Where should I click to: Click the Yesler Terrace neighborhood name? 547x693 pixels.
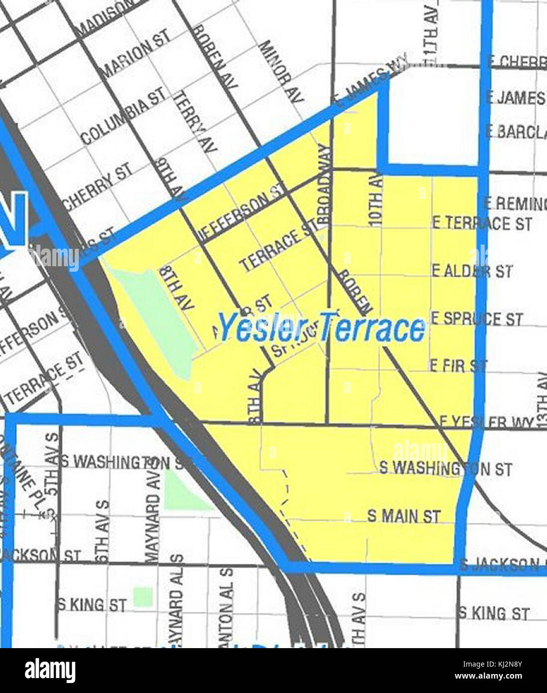point(322,328)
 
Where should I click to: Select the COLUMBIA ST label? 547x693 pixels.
point(123,115)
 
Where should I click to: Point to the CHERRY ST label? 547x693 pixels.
point(98,185)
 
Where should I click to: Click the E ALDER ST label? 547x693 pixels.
point(472,271)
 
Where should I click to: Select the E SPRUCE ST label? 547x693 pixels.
point(477,319)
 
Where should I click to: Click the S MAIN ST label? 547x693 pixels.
point(404,516)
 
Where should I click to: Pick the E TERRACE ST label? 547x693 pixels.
point(482,223)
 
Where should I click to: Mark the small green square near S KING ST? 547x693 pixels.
point(143,596)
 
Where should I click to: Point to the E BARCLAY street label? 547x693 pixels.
point(516,132)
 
